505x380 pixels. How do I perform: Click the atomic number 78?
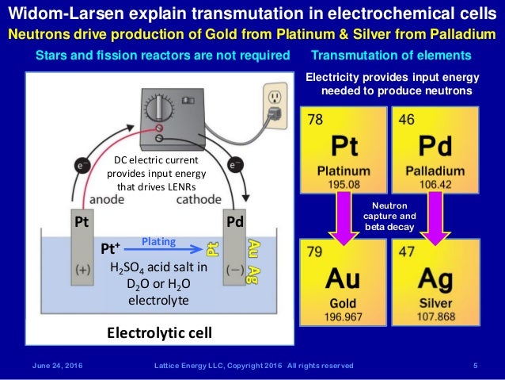pos(315,121)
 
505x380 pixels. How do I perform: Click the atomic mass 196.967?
pos(345,317)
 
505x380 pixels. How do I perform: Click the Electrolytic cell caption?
pos(159,332)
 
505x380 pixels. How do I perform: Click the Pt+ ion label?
pos(112,248)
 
